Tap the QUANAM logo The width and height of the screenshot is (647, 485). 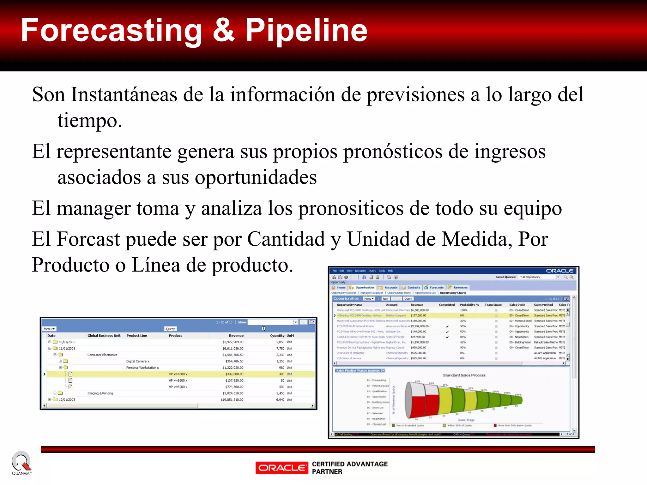pyautogui.click(x=21, y=463)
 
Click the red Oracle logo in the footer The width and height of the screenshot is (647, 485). pyautogui.click(x=281, y=468)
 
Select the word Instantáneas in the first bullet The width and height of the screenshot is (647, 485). pyautogui.click(x=124, y=94)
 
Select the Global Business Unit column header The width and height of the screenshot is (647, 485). pyautogui.click(x=104, y=336)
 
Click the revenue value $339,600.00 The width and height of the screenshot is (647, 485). pyautogui.click(x=234, y=374)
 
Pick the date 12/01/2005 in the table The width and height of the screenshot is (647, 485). pyautogui.click(x=67, y=400)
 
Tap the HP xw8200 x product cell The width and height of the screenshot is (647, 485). pyautogui.click(x=178, y=387)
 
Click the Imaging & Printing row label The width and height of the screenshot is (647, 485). pyautogui.click(x=100, y=393)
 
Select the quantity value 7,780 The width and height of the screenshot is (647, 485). pyautogui.click(x=280, y=349)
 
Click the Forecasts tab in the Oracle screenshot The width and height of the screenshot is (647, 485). pyautogui.click(x=436, y=288)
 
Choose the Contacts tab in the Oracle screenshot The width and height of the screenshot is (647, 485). pyautogui.click(x=413, y=288)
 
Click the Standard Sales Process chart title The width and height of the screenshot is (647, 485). pyautogui.click(x=464, y=375)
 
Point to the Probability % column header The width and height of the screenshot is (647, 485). pyautogui.click(x=469, y=305)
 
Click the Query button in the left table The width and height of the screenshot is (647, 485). pyautogui.click(x=170, y=329)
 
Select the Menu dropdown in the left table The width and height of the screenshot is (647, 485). pyautogui.click(x=49, y=329)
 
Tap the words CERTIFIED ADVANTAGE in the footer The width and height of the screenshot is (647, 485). pyautogui.click(x=350, y=464)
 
